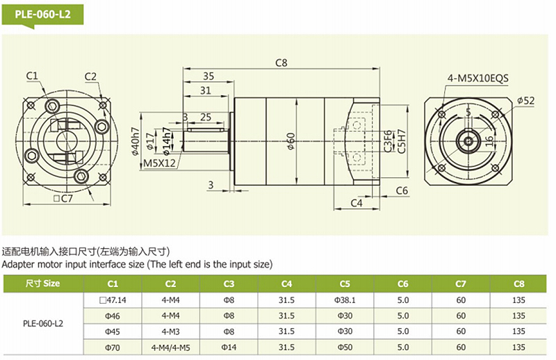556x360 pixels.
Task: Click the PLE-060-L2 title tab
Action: pyautogui.click(x=43, y=14)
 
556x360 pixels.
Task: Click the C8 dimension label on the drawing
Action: pyautogui.click(x=281, y=62)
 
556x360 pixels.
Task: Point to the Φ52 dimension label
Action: pyautogui.click(x=526, y=101)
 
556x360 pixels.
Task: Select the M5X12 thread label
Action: pyautogui.click(x=159, y=164)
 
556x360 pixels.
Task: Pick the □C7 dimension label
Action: pyautogui.click(x=63, y=199)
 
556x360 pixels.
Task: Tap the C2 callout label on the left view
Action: pyautogui.click(x=90, y=76)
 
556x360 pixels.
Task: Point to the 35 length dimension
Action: pyautogui.click(x=208, y=76)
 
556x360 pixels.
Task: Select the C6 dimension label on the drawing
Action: pyautogui.click(x=402, y=190)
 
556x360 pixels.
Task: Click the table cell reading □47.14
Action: pyautogui.click(x=113, y=300)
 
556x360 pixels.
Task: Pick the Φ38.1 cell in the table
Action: pyautogui.click(x=345, y=300)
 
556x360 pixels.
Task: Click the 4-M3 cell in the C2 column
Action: pyautogui.click(x=170, y=331)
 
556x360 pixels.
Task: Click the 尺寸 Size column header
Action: pyautogui.click(x=43, y=284)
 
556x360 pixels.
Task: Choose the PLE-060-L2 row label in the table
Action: pyautogui.click(x=43, y=323)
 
